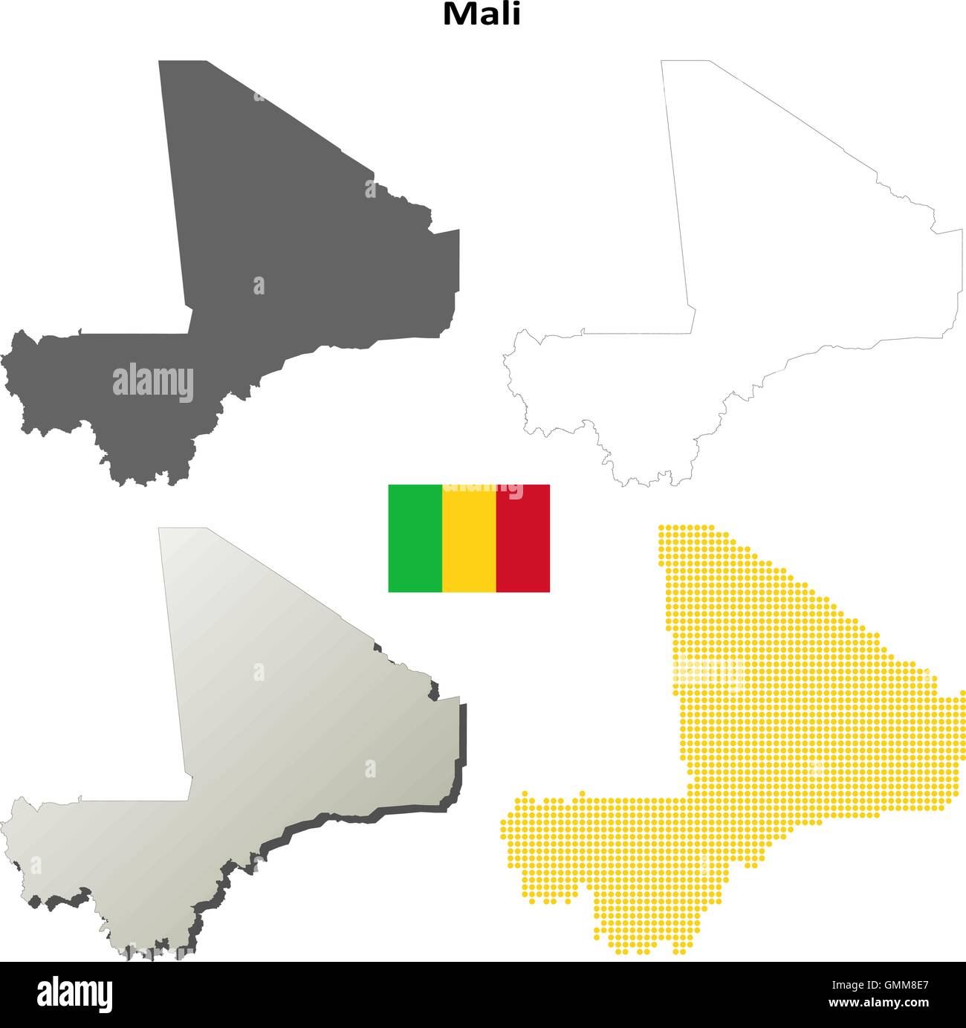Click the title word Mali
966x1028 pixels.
click(x=482, y=13)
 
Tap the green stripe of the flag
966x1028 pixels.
click(x=415, y=538)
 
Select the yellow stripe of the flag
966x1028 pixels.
click(x=469, y=538)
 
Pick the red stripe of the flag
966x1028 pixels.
click(x=522, y=538)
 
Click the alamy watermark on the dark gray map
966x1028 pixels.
click(x=153, y=384)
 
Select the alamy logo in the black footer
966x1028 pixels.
click(x=74, y=994)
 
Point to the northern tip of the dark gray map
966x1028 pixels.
click(x=183, y=63)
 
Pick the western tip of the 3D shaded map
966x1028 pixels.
click(x=4, y=821)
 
